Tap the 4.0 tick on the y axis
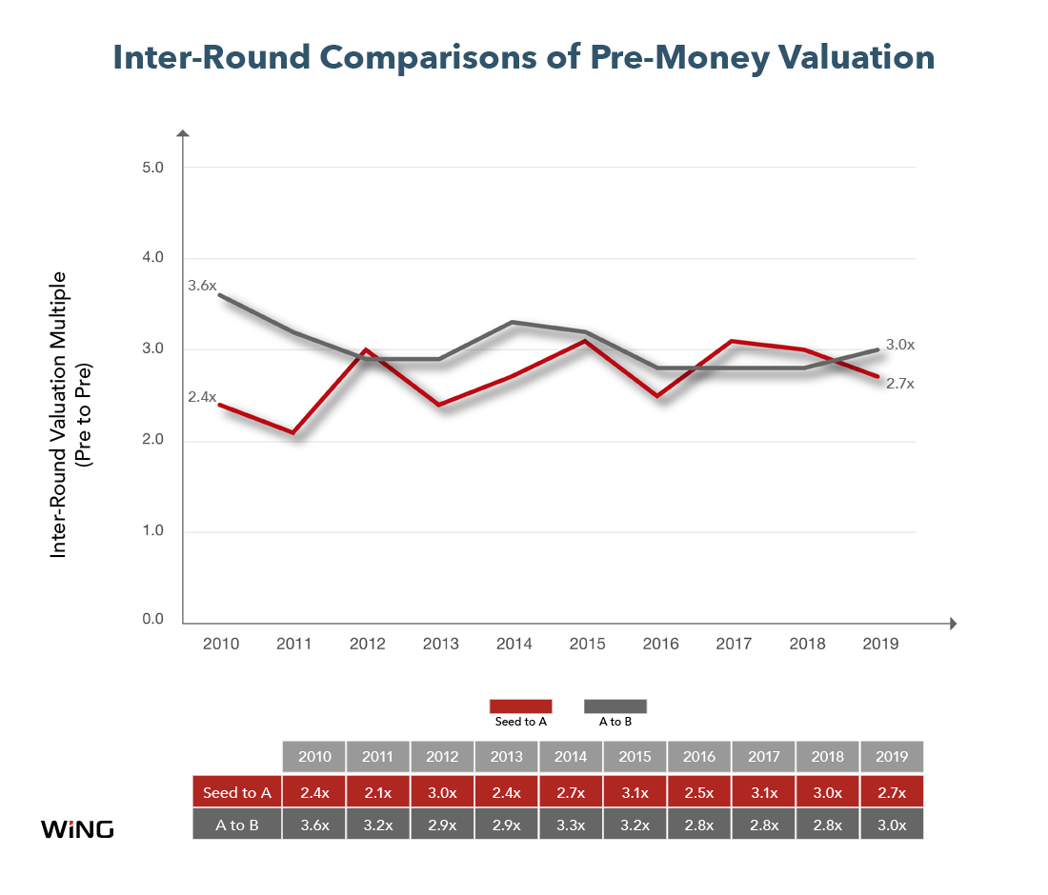[x=152, y=257]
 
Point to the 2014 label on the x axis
[x=514, y=644]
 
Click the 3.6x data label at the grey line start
[x=202, y=286]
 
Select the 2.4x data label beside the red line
[x=202, y=397]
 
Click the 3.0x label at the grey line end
[x=900, y=345]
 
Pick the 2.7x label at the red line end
[x=900, y=384]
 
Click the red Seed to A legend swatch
[x=520, y=706]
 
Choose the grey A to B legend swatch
[x=615, y=706]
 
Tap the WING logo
[x=77, y=829]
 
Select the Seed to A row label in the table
[x=237, y=793]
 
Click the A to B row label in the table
[x=237, y=825]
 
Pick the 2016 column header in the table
[x=699, y=757]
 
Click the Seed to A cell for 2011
[x=378, y=792]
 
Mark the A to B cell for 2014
[x=571, y=825]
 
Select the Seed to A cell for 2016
[x=699, y=792]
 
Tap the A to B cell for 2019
[x=892, y=825]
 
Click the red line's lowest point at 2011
[x=293, y=433]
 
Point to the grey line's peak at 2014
[x=513, y=323]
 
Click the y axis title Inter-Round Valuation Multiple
[x=59, y=415]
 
